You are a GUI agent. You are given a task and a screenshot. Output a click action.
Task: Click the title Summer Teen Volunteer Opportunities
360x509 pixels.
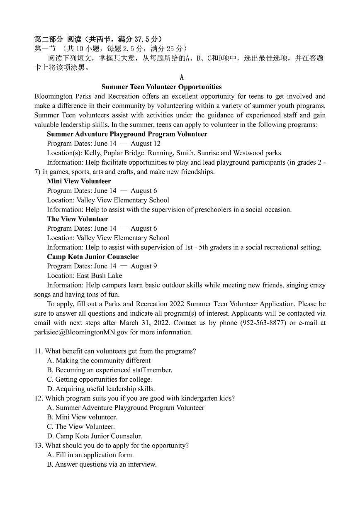point(161,87)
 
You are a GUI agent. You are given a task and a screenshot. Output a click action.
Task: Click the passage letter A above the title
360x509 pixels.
point(182,78)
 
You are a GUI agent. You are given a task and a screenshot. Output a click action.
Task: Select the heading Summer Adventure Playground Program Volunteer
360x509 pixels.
point(127,134)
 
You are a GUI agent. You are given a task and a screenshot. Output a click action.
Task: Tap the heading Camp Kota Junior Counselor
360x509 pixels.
point(93,256)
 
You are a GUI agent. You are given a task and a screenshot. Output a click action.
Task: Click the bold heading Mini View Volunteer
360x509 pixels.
point(79,181)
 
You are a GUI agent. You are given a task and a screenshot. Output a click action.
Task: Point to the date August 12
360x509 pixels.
point(146,144)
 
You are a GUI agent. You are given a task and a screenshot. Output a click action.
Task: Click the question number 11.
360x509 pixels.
point(38,351)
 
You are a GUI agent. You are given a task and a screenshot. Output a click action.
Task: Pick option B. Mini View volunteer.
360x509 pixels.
point(82,417)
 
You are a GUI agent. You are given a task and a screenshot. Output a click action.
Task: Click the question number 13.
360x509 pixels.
point(38,445)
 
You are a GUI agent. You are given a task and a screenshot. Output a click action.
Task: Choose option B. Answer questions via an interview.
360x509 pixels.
point(102,464)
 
